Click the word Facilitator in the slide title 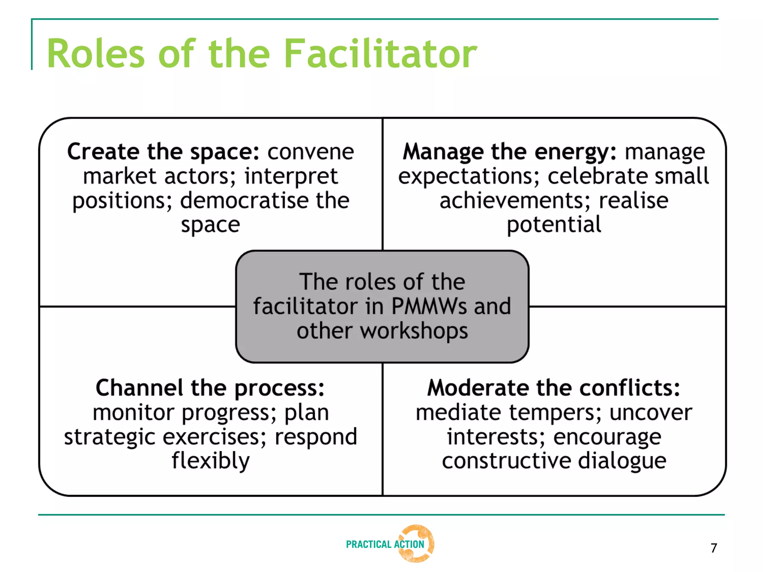click(380, 54)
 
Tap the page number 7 click(713, 548)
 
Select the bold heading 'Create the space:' click(163, 152)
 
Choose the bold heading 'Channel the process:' click(210, 388)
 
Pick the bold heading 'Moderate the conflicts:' click(554, 388)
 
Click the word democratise click(244, 201)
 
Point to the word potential click(554, 225)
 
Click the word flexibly click(210, 461)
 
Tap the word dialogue click(622, 461)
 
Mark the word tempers click(555, 413)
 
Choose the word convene click(311, 152)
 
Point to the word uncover click(650, 413)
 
